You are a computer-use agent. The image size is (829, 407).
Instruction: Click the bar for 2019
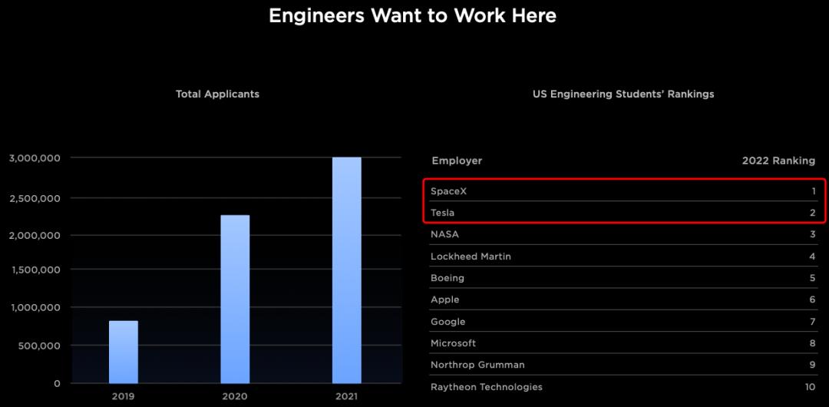coord(123,352)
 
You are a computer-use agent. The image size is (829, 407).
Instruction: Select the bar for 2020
coord(235,299)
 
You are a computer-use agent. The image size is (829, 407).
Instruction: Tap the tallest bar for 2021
coord(346,270)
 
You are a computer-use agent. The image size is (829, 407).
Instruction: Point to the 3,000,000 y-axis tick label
coord(35,158)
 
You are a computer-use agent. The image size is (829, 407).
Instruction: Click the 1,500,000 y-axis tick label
coord(35,270)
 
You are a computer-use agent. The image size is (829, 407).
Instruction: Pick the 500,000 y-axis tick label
coord(40,346)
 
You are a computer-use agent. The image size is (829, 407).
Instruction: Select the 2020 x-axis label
coord(235,396)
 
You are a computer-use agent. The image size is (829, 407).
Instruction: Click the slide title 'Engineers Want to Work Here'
coord(412,15)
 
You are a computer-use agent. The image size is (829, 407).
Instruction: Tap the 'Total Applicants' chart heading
coord(217,94)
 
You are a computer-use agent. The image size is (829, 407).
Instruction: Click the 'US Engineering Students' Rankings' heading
coord(623,94)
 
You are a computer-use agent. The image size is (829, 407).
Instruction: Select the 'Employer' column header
coord(457,160)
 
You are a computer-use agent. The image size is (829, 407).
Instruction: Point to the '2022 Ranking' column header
coord(778,160)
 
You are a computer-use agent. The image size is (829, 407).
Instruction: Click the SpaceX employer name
coord(449,190)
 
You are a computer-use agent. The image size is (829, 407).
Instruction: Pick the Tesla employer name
coord(442,213)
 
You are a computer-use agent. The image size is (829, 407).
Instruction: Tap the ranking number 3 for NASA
coord(812,234)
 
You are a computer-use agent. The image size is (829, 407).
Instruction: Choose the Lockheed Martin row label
coord(471,256)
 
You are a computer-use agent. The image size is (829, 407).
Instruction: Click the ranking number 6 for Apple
coord(812,299)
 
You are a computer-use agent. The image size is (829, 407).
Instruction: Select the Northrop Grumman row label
coord(477,365)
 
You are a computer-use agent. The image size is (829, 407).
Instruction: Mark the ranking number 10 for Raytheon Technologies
coord(810,387)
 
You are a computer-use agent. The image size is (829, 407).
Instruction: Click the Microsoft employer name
coord(454,343)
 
